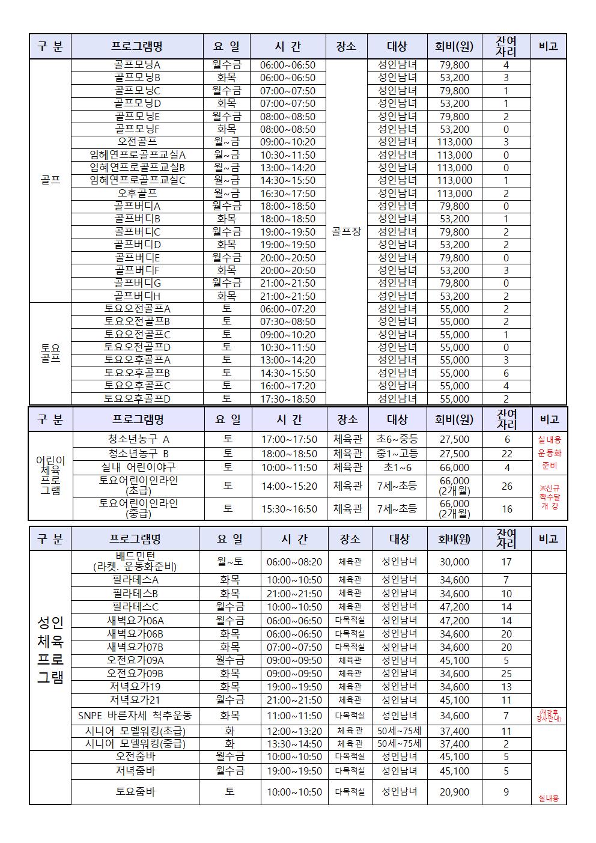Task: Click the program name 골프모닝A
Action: tap(137, 65)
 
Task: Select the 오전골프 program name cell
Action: tap(137, 142)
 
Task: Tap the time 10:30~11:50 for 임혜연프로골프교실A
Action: tap(287, 155)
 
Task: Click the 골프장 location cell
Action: tap(346, 231)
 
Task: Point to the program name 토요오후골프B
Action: tap(137, 373)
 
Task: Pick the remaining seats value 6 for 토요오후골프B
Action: tap(506, 373)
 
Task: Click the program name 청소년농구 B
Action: tap(138, 453)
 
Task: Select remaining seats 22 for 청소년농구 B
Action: tap(506, 454)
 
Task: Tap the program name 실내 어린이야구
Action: tap(138, 467)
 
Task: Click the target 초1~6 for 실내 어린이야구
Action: tap(397, 467)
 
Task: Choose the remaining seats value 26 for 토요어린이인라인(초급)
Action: tap(506, 486)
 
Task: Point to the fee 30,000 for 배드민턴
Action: tap(454, 562)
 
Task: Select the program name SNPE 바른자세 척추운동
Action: tap(135, 716)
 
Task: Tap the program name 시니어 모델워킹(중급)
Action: tap(135, 744)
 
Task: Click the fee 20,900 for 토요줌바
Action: tap(454, 792)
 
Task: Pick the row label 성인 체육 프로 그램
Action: tap(50, 649)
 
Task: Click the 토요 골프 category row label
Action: tap(50, 353)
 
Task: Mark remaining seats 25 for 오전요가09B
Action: tap(506, 674)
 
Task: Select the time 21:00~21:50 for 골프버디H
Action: tap(287, 296)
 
